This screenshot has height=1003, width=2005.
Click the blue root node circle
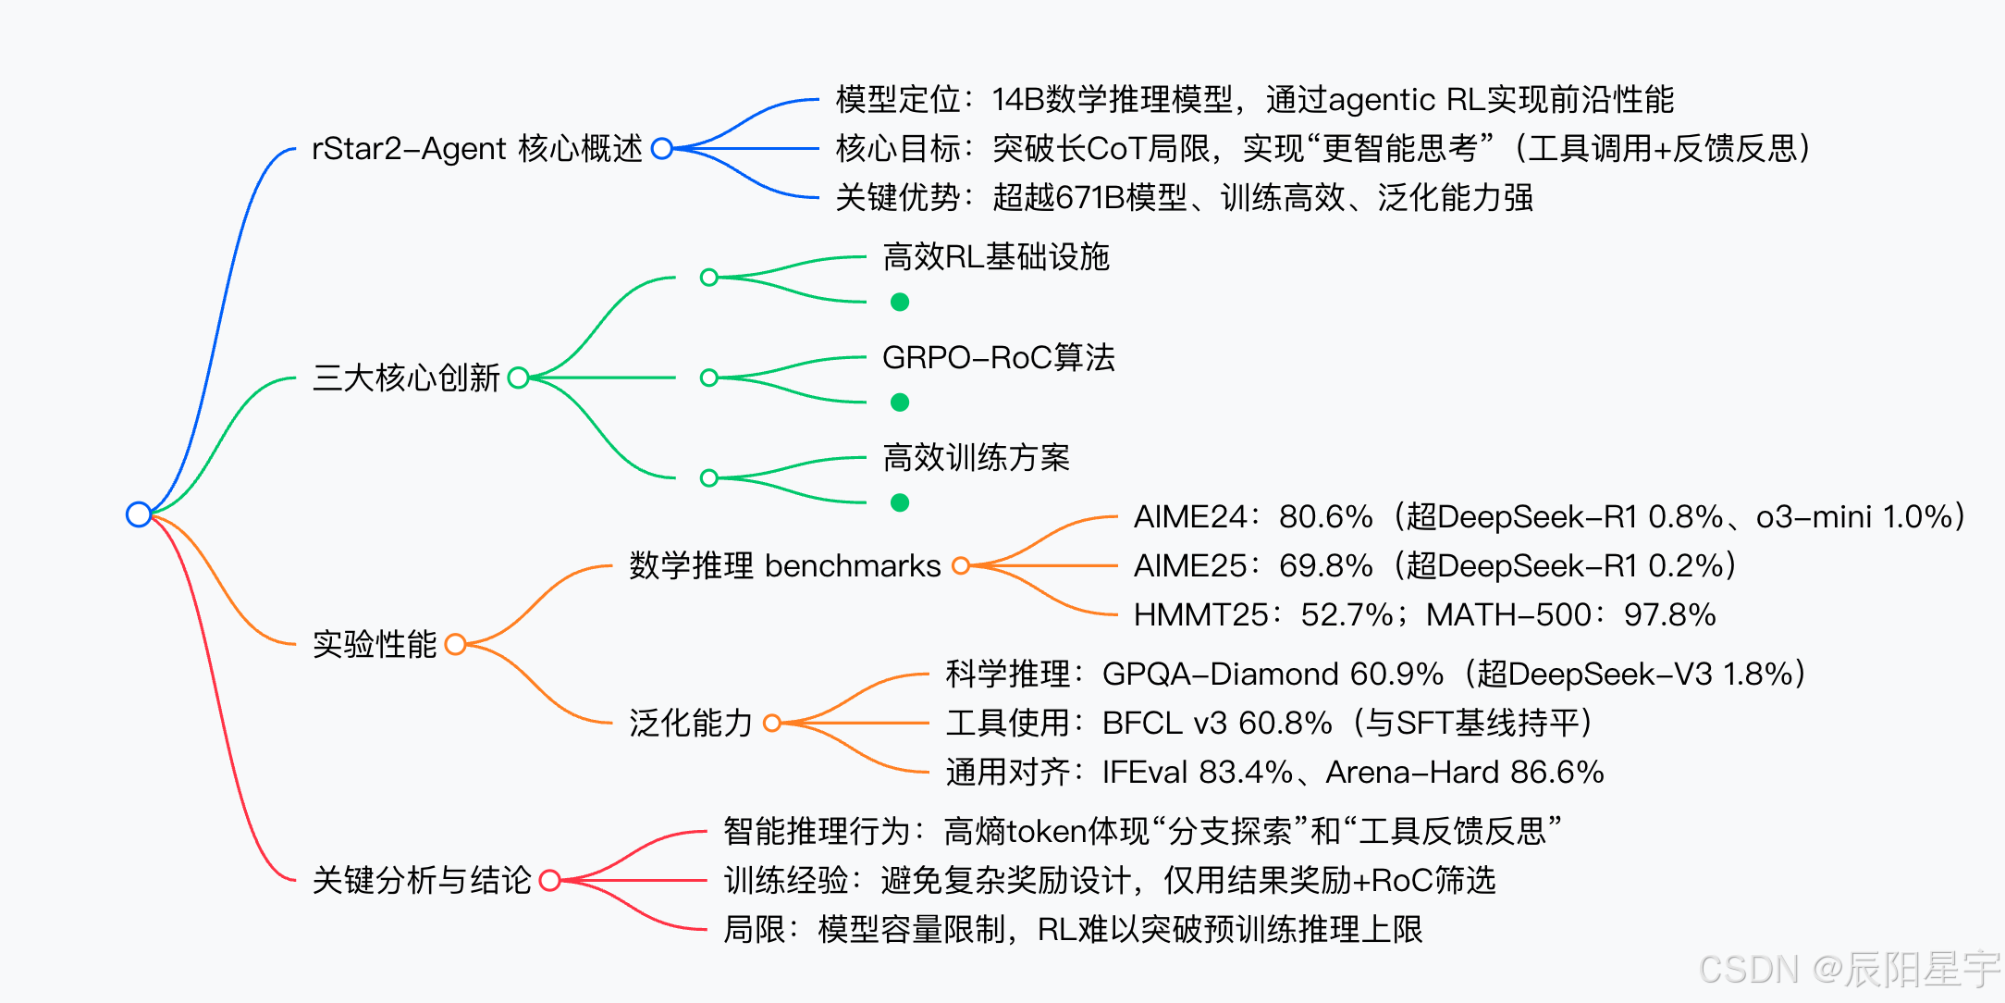(139, 514)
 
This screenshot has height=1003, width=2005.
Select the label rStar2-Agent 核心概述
(476, 148)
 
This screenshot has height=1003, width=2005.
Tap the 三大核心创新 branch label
(406, 378)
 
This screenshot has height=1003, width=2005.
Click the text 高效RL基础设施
(995, 256)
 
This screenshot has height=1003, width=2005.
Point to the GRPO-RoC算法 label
(998, 357)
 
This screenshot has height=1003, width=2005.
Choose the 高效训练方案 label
(976, 457)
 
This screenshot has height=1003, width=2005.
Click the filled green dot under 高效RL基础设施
(900, 302)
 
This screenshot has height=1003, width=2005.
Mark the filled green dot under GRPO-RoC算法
(900, 402)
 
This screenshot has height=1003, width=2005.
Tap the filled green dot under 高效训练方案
(900, 502)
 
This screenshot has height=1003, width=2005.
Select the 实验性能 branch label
(374, 644)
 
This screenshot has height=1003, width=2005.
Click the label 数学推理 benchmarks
(784, 565)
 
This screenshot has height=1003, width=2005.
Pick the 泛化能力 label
(690, 723)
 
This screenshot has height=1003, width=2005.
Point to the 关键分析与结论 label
(422, 880)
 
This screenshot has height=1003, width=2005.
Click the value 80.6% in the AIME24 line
(1325, 516)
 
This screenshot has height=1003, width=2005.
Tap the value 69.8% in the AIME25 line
(1325, 565)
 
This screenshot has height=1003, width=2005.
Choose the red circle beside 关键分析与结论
(549, 880)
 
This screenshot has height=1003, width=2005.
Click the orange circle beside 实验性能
(455, 644)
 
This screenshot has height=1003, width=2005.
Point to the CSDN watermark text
(1849, 969)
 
